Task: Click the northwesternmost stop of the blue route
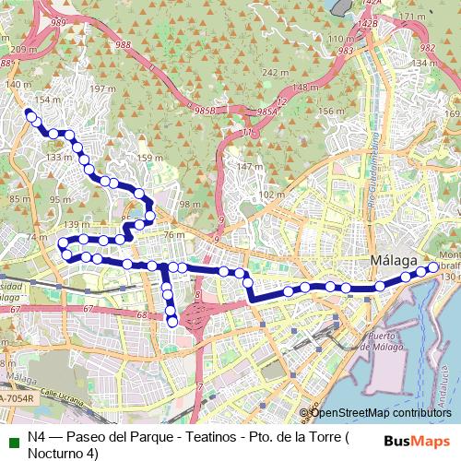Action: [30, 115]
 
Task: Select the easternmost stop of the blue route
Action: [432, 267]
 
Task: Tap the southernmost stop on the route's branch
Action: [172, 321]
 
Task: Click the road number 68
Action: [141, 316]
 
